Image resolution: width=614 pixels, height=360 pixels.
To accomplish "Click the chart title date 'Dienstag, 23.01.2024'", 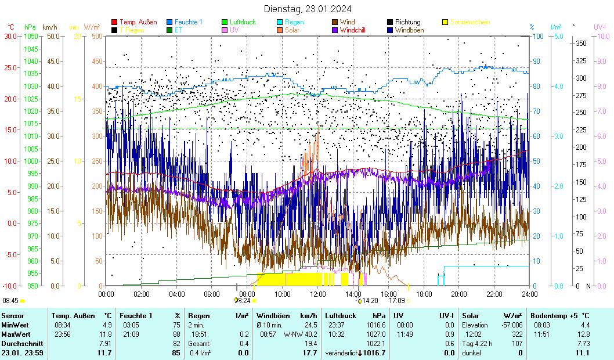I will coord(307,9).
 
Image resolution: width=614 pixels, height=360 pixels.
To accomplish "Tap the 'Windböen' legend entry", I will coord(410,30).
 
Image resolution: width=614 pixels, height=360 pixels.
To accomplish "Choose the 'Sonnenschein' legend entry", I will coord(470,22).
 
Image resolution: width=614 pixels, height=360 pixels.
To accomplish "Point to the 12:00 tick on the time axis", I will coord(317,294).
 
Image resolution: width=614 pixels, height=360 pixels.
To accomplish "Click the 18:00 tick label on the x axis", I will coord(424,294).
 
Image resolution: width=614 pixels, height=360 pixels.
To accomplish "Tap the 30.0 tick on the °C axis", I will coord(10,36).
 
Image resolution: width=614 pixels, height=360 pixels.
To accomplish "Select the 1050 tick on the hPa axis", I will coord(31,36).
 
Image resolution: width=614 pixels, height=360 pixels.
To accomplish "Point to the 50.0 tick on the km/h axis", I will coord(53,36).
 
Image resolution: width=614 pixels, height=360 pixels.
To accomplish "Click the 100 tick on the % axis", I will coord(537,36).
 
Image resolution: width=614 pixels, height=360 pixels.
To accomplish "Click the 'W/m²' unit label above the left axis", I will coord(92,27).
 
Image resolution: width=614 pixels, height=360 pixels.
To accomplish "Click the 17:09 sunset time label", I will coord(396,301).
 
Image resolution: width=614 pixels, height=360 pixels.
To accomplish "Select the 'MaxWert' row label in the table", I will coord(15,334).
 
